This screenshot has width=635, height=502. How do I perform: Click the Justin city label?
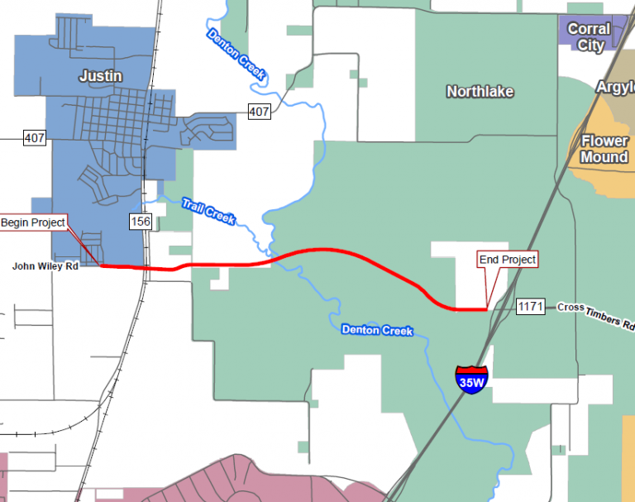pos(100,76)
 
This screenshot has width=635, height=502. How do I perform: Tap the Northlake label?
pos(480,92)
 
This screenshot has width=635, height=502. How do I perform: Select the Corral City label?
pos(590,37)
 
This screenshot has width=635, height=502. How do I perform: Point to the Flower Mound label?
pos(604,149)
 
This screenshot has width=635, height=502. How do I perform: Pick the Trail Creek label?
pos(208,210)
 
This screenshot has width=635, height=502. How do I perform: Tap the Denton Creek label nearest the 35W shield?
pos(377,330)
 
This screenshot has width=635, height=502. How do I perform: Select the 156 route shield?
pos(140,222)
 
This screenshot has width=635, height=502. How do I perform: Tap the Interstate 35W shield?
pos(471,380)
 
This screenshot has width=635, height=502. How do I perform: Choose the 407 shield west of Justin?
pos(35,137)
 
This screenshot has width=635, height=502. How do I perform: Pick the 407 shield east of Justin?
pos(259,112)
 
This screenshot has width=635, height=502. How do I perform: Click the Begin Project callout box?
pos(33,223)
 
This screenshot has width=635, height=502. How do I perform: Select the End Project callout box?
pos(508,260)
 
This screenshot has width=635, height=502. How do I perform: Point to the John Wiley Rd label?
pos(45,266)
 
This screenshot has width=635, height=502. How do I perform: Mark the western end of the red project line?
pos(101,265)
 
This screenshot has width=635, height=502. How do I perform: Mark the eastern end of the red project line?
pos(485,309)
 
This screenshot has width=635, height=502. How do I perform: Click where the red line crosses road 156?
pos(146,269)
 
